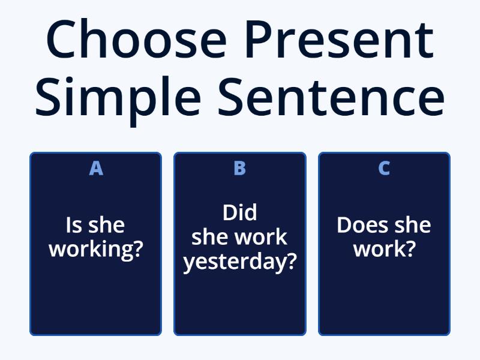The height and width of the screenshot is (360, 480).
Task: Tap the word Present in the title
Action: pyautogui.click(x=339, y=40)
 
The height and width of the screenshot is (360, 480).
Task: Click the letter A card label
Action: pyautogui.click(x=96, y=169)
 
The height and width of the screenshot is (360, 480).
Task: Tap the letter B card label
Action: pyautogui.click(x=239, y=169)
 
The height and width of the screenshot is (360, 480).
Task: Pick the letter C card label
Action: pyautogui.click(x=384, y=169)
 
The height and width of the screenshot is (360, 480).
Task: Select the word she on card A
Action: pyautogui.click(x=106, y=226)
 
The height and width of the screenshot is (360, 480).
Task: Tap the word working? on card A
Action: pyautogui.click(x=96, y=248)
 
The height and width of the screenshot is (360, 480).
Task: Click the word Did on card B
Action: pyautogui.click(x=239, y=213)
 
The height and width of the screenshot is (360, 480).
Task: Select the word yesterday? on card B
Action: pyautogui.click(x=240, y=262)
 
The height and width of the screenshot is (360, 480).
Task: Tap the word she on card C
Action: pyautogui.click(x=411, y=226)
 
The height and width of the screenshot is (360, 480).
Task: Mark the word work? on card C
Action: pyautogui.click(x=384, y=248)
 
